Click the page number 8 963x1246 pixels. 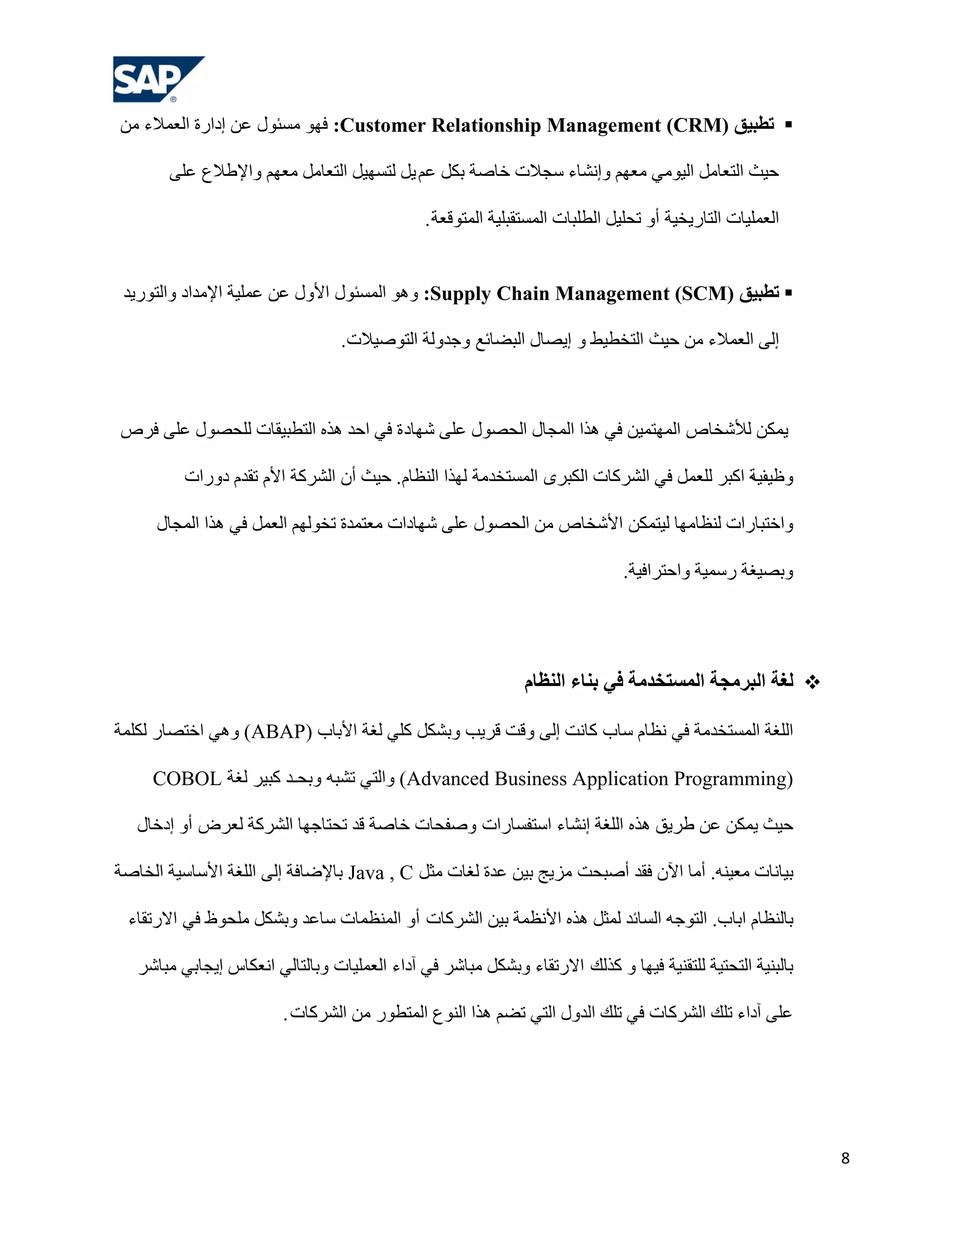[x=845, y=1158]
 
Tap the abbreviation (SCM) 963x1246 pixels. [x=704, y=293]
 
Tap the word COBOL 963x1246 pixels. [x=187, y=779]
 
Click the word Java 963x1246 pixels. [x=366, y=873]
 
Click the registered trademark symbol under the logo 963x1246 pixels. [x=174, y=99]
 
